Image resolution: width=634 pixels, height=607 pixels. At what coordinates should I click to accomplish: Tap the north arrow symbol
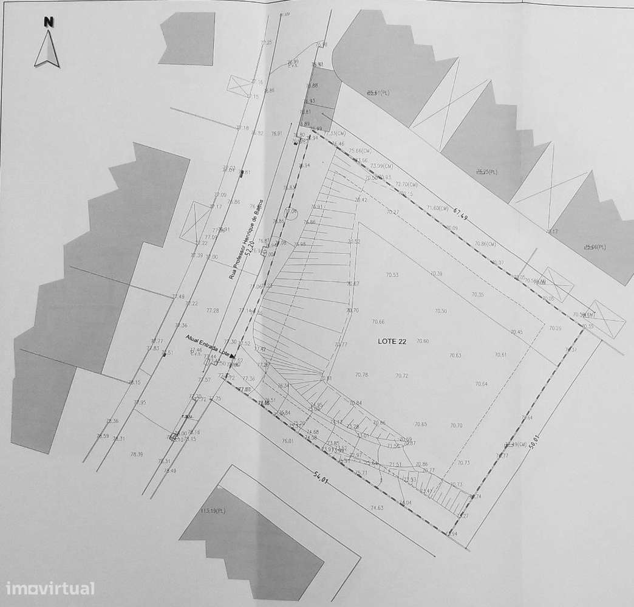point(47,49)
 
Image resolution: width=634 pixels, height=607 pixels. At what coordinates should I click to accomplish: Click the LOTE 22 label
point(392,341)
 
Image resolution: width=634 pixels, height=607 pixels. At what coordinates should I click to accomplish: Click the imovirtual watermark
point(50,588)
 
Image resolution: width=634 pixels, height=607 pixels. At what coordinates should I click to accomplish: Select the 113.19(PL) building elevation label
point(213,510)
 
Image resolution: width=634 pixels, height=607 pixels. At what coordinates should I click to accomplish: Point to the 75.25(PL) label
point(486,172)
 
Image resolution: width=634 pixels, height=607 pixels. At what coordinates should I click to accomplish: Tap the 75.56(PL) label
point(595,247)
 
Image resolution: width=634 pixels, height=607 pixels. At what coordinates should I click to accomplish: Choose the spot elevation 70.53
point(392,275)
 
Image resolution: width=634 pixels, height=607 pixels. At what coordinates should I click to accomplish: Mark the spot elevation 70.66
point(378,321)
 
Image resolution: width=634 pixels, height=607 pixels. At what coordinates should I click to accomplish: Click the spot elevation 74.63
point(377,508)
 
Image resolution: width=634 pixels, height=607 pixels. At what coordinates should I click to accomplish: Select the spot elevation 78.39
point(136,454)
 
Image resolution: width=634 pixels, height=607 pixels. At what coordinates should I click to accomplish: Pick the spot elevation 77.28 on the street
point(213,310)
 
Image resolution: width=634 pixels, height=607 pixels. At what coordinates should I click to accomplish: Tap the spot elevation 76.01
point(287,441)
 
